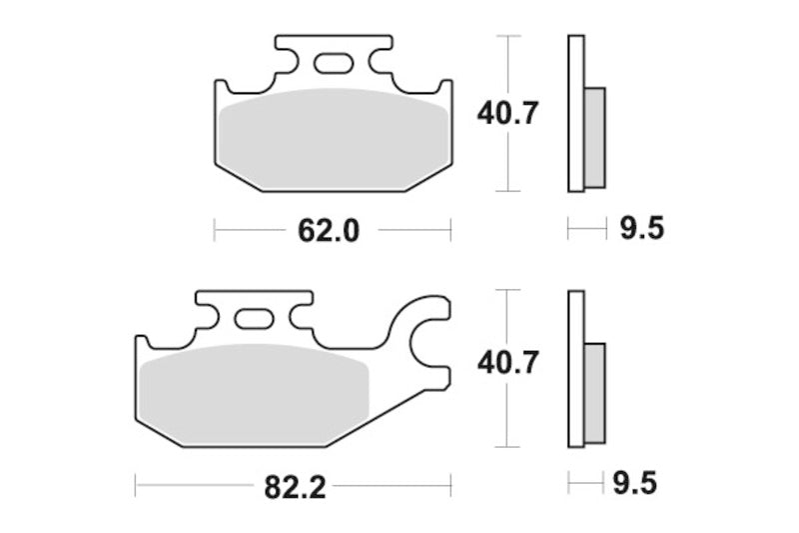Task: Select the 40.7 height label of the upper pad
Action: coord(508,113)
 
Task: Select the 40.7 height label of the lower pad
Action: coord(508,363)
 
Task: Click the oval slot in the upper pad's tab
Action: coord(333,64)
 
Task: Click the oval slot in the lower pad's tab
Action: coord(253,320)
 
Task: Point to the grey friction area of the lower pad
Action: coord(255,390)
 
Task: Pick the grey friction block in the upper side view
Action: coord(594,135)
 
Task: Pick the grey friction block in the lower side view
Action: coord(594,392)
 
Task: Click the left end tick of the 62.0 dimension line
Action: coord(215,230)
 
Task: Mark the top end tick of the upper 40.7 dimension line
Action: coord(509,37)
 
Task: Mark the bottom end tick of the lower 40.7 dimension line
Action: coord(509,446)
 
